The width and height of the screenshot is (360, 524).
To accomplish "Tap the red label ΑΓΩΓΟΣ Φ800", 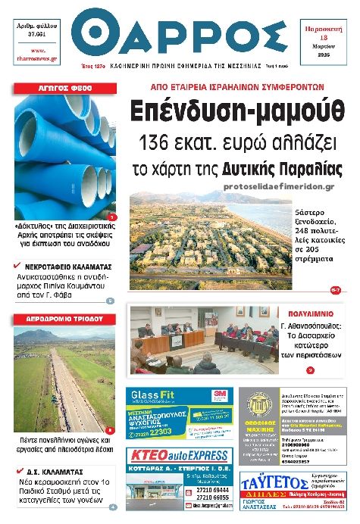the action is click(64, 89).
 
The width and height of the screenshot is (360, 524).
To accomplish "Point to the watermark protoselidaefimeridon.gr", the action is click(279, 186).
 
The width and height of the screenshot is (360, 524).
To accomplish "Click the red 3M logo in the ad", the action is click(221, 394).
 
